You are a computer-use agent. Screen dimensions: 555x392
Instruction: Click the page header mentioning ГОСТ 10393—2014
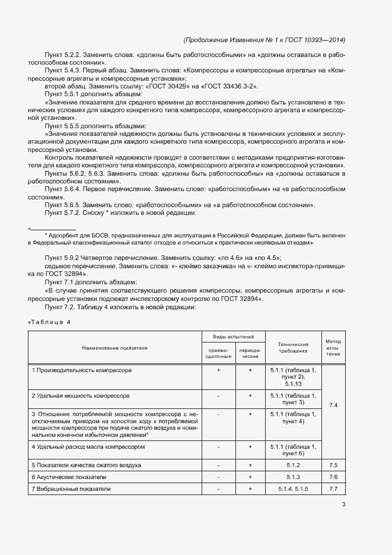click(264, 40)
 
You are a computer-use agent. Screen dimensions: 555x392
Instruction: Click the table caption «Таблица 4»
click(52, 322)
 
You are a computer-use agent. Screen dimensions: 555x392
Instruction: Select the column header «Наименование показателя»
click(115, 348)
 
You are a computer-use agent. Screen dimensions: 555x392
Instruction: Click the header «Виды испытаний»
click(234, 337)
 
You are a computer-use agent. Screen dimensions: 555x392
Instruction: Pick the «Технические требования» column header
click(293, 348)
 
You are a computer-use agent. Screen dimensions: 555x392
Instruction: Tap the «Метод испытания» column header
click(333, 348)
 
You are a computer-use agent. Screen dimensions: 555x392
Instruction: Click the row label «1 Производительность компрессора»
click(82, 370)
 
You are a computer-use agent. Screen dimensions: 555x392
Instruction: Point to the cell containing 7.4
click(333, 405)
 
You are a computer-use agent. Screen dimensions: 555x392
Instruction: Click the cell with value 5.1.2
click(293, 465)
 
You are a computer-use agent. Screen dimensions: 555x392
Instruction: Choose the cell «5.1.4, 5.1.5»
click(293, 489)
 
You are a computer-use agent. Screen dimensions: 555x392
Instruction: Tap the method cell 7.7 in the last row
click(333, 489)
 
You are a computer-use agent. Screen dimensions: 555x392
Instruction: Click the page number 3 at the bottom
click(343, 505)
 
